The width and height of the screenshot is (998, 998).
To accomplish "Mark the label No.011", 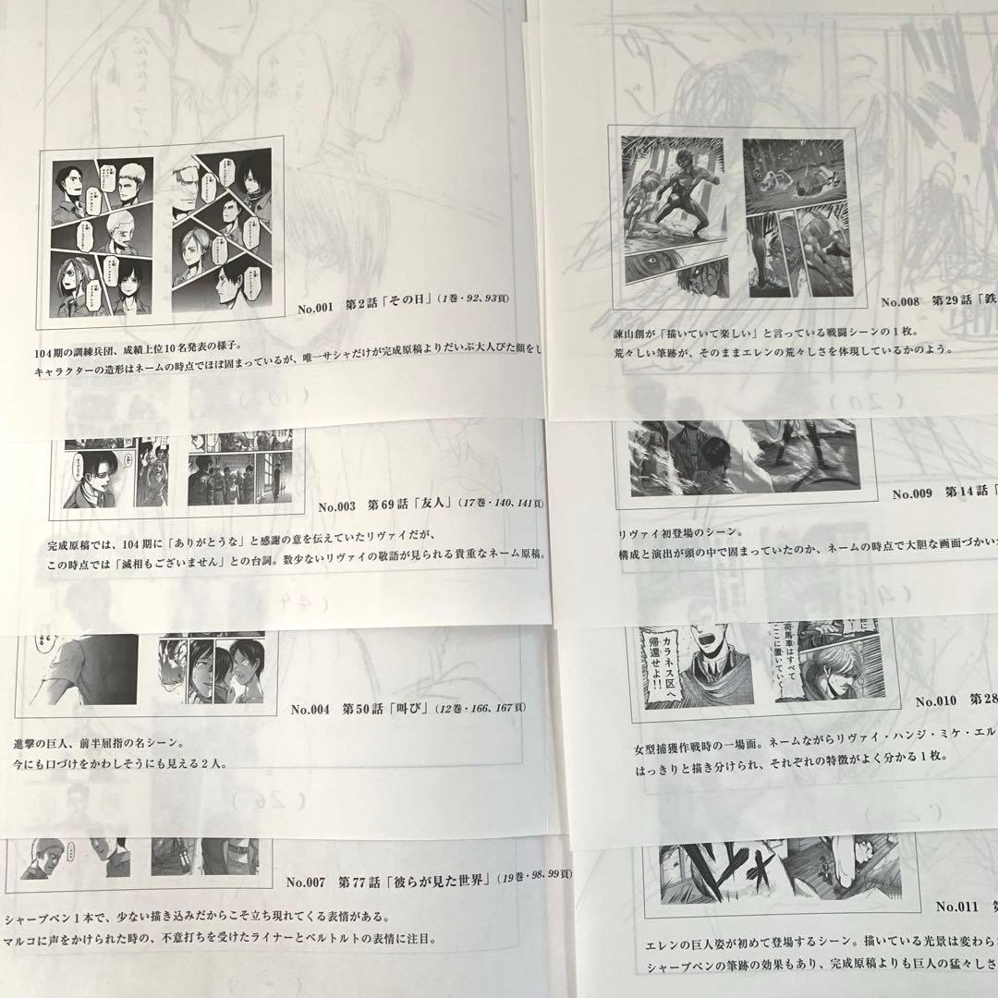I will pyautogui.click(x=955, y=906).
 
